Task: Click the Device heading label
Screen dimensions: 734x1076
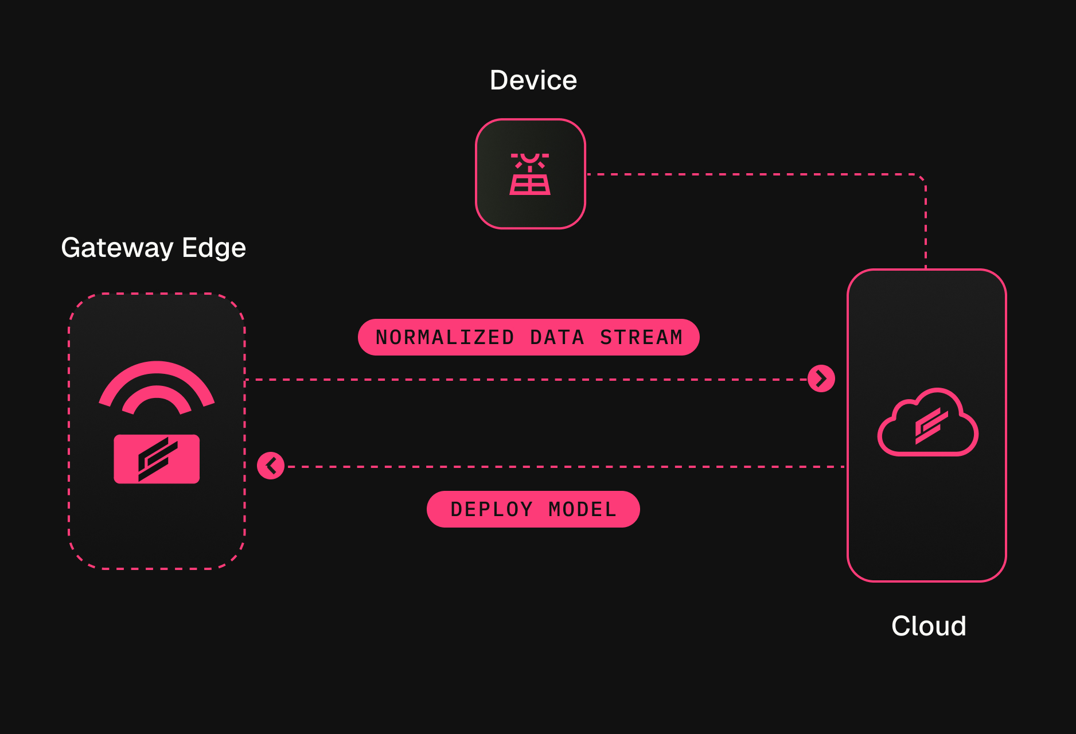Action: coord(533,80)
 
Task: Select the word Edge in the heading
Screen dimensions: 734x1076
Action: coord(213,248)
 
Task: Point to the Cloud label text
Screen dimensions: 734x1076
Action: coord(928,626)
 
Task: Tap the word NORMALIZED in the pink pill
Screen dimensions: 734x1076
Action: coord(445,337)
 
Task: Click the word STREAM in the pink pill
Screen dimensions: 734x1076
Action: coord(641,337)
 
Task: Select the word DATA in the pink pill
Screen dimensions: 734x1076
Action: coord(557,337)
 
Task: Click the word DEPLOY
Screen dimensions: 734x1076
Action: coord(492,509)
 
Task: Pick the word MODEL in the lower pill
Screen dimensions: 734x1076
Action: coord(582,509)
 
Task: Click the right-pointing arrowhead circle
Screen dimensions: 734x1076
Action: coord(821,378)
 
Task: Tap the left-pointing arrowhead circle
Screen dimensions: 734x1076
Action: coord(271,466)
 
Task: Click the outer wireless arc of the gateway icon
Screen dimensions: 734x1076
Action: coord(157,368)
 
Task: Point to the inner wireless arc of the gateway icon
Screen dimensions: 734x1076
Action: coord(157,392)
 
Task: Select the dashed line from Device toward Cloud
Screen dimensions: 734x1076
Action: coord(746,174)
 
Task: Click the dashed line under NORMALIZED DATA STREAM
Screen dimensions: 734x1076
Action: coord(516,380)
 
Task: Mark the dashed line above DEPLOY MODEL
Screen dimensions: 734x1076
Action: coord(562,467)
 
